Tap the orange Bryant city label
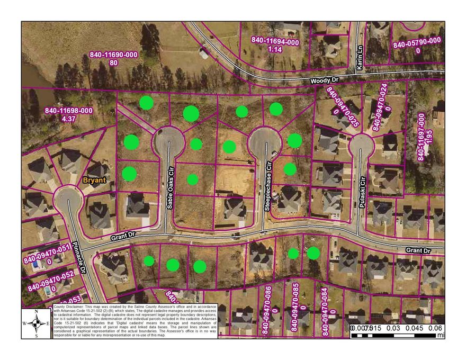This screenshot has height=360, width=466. click(94, 180)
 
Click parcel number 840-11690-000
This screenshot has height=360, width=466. click(113, 55)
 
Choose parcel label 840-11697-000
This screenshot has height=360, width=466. click(422, 137)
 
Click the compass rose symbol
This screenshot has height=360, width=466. click(36, 323)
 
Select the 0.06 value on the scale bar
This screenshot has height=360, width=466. click(435, 328)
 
